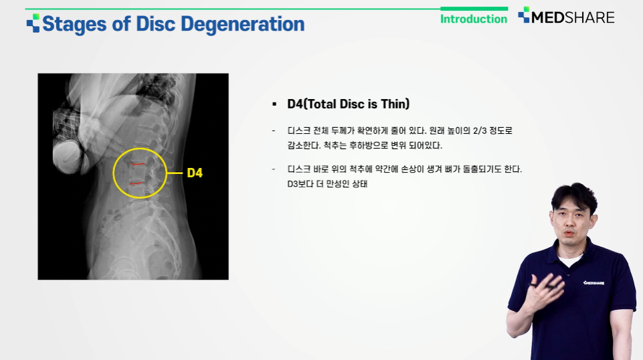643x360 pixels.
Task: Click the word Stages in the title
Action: click(x=74, y=24)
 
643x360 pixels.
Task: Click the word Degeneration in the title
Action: click(x=242, y=24)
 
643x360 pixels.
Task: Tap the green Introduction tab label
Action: click(x=474, y=19)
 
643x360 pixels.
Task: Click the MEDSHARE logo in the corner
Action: click(x=566, y=17)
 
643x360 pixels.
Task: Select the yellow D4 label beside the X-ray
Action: click(x=195, y=173)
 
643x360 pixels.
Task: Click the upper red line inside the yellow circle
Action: click(x=138, y=164)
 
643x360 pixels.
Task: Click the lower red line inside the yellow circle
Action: click(x=136, y=183)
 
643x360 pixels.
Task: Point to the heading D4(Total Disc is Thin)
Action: click(x=348, y=104)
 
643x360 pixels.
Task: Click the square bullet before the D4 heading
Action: click(x=274, y=104)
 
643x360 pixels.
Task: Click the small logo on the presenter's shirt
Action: click(x=593, y=283)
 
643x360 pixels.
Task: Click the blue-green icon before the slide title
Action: click(x=33, y=23)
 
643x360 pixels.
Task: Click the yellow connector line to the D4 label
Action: click(x=175, y=173)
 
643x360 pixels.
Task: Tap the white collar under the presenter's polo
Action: click(x=570, y=260)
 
